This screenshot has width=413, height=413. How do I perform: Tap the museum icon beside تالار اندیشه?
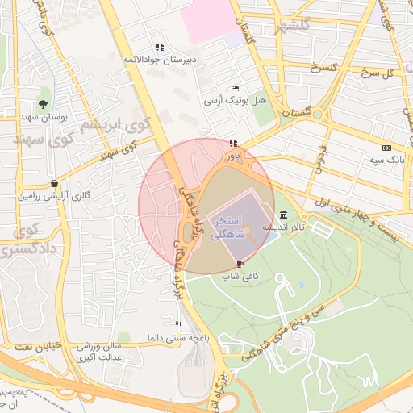coord(283,215)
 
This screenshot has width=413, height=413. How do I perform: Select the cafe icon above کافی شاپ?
coord(240,264)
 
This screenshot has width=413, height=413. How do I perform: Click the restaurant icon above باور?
coord(234,144)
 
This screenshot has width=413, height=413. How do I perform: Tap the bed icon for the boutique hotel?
coord(234,87)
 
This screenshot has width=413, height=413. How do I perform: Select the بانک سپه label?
coord(386,161)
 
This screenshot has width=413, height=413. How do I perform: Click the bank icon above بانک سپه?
coord(387,148)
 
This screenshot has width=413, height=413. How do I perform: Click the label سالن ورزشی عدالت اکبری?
coord(99,351)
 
